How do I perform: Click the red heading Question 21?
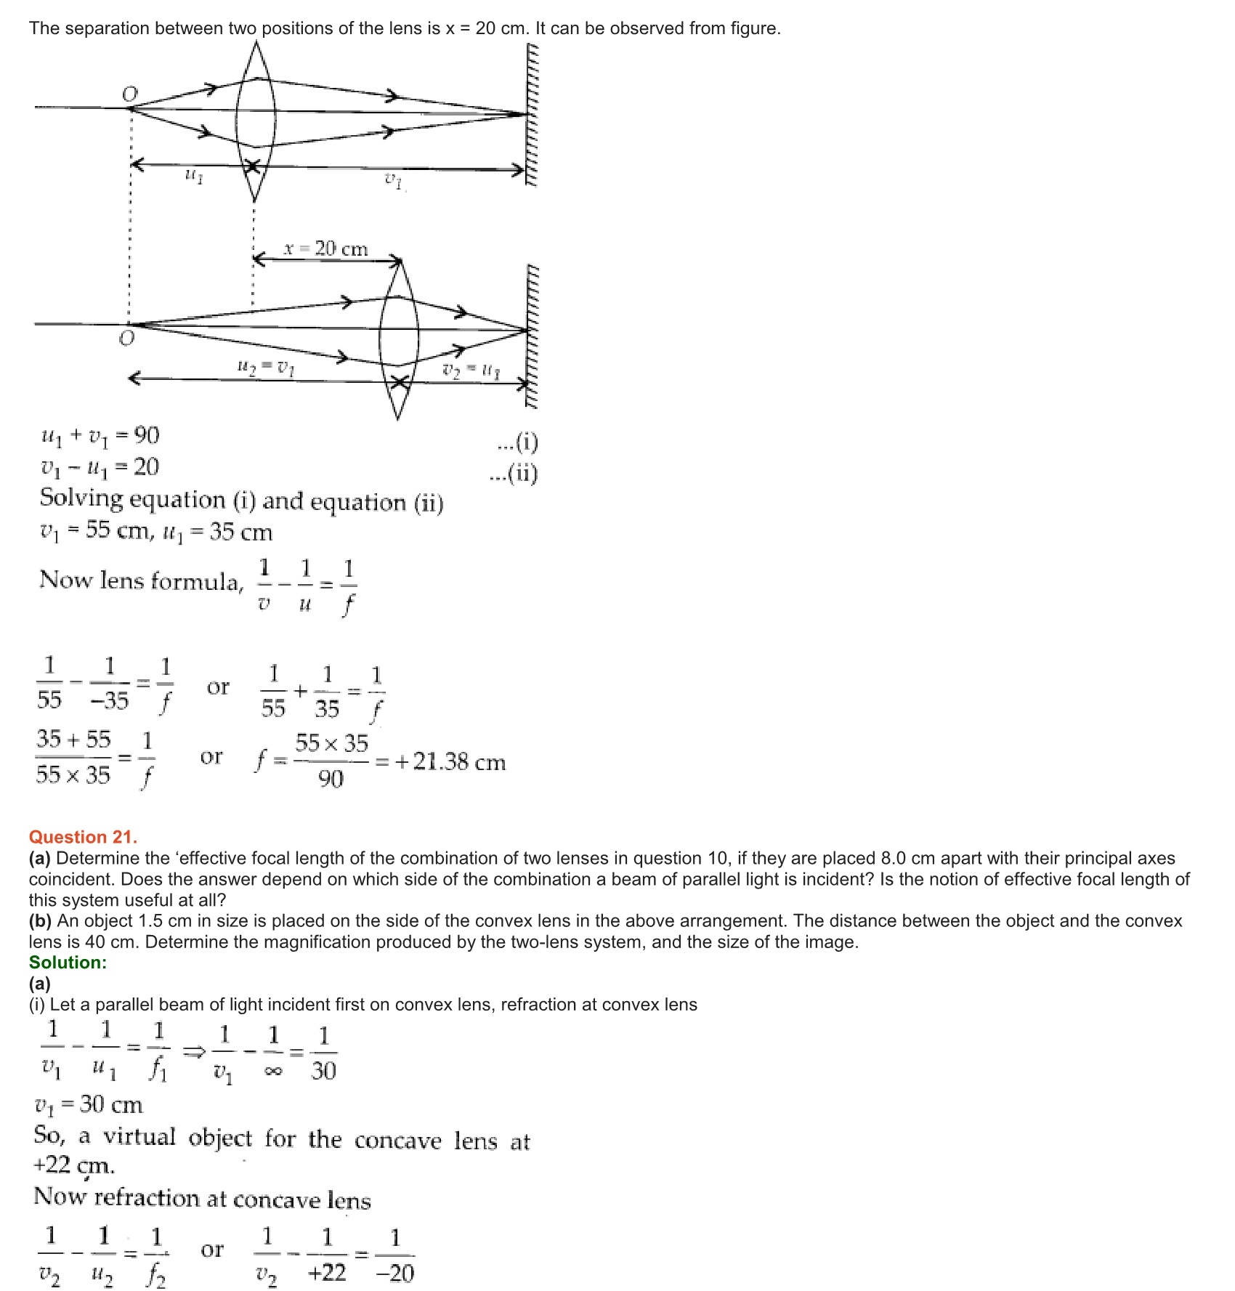83,837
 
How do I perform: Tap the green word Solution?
68,963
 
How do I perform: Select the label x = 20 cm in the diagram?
326,249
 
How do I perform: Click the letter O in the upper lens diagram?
129,94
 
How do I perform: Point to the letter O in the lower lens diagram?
126,339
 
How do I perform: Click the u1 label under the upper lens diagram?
193,175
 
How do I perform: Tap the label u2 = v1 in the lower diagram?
266,368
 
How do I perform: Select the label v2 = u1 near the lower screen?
471,371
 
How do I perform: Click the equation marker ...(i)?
517,442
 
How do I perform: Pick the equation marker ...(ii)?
514,474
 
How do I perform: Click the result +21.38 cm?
450,762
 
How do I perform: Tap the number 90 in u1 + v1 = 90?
147,435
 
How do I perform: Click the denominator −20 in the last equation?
395,1273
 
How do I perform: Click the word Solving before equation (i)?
81,499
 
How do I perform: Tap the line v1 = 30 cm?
89,1105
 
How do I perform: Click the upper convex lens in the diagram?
255,120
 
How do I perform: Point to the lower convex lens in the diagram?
398,340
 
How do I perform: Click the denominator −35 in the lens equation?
109,700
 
